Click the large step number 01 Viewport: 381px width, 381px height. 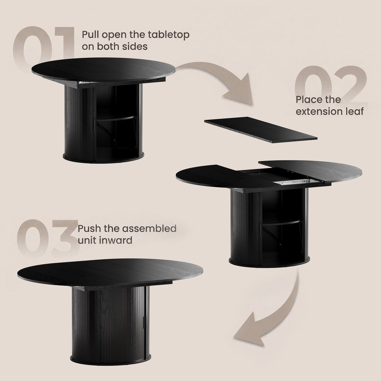coord(44,46)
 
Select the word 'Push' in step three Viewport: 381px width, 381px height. coord(89,228)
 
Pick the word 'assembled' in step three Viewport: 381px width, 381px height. coord(149,228)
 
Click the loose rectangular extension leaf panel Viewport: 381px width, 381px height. coord(261,129)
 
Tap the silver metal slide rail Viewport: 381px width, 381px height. coord(295,182)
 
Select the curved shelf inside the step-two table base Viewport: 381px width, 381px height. coord(282,223)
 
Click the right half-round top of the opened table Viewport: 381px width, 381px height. coord(313,170)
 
